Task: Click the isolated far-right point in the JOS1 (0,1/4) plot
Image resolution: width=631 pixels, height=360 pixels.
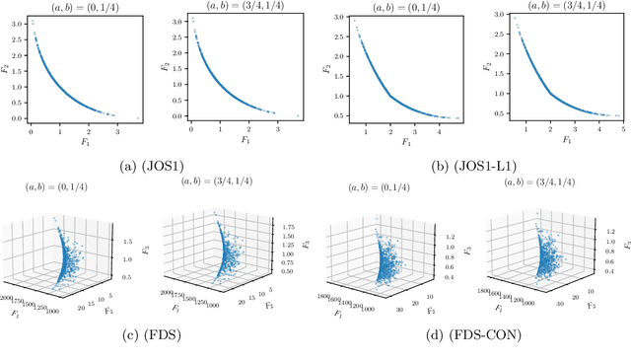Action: pos(138,116)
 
